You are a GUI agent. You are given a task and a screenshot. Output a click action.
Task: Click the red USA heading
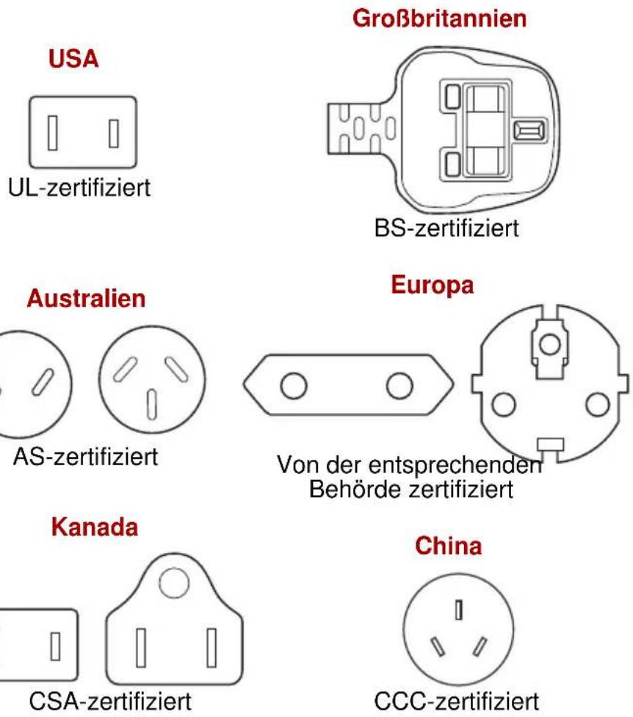coord(73,59)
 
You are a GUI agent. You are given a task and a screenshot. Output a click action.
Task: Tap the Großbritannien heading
coord(439,19)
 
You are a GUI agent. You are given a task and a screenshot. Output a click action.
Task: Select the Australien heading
coord(86,298)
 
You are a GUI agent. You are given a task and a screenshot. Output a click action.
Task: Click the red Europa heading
coord(433,285)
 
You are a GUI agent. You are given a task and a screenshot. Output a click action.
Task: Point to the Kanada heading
coord(95,527)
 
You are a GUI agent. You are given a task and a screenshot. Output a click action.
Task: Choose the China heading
coord(449,546)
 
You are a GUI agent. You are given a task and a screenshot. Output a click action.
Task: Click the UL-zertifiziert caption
coord(79,187)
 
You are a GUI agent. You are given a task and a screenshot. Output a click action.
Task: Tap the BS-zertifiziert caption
coord(446,228)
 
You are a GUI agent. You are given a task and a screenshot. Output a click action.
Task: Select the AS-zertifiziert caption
coord(85,457)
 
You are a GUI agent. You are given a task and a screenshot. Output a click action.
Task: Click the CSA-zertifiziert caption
coord(110,701)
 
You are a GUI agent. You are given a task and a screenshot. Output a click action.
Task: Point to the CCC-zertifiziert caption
coord(457,701)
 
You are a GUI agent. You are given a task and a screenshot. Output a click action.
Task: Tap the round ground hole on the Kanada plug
coord(174,583)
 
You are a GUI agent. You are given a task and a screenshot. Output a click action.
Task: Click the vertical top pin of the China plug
coord(459,610)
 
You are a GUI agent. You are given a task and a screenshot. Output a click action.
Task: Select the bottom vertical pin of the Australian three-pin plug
coord(152,405)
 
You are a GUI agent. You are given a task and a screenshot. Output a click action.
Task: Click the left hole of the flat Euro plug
coord(294,386)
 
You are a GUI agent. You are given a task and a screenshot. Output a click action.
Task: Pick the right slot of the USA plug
coord(114,134)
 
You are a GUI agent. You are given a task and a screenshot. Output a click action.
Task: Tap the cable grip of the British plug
coord(361,128)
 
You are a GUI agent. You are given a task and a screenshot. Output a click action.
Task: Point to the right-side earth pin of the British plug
coord(529,130)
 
